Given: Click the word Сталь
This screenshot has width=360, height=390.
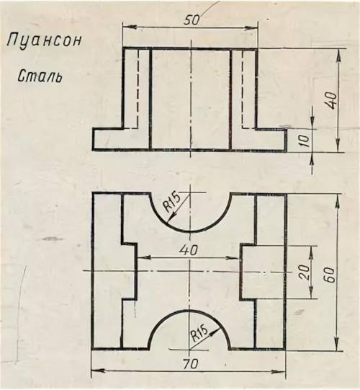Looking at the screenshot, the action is click(x=40, y=76).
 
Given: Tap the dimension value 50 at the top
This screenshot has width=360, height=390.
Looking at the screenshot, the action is click(x=192, y=20).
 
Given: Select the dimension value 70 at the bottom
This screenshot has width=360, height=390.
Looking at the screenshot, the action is click(x=191, y=364).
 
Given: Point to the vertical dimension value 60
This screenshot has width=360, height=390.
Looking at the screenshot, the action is click(x=330, y=275).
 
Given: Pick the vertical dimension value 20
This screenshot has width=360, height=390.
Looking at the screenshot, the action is click(x=305, y=272).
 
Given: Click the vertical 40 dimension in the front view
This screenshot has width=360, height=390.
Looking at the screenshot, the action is click(x=332, y=101).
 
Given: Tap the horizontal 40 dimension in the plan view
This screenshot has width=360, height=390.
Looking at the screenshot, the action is click(x=189, y=250).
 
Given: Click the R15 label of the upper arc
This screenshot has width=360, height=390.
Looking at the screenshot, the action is click(x=171, y=203).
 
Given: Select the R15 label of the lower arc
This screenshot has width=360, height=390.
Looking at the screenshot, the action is click(x=199, y=334).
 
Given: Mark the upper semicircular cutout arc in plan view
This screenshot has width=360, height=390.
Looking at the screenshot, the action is click(x=190, y=231).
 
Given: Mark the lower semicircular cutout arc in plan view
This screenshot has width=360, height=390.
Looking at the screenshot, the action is click(x=189, y=311).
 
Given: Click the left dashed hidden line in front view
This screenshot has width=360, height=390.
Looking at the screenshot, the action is click(x=137, y=89).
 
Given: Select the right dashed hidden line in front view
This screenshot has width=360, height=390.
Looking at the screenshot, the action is click(x=242, y=89).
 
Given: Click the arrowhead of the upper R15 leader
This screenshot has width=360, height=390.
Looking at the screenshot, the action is click(x=171, y=218).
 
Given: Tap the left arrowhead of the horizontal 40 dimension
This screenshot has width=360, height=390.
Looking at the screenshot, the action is click(x=143, y=258).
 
